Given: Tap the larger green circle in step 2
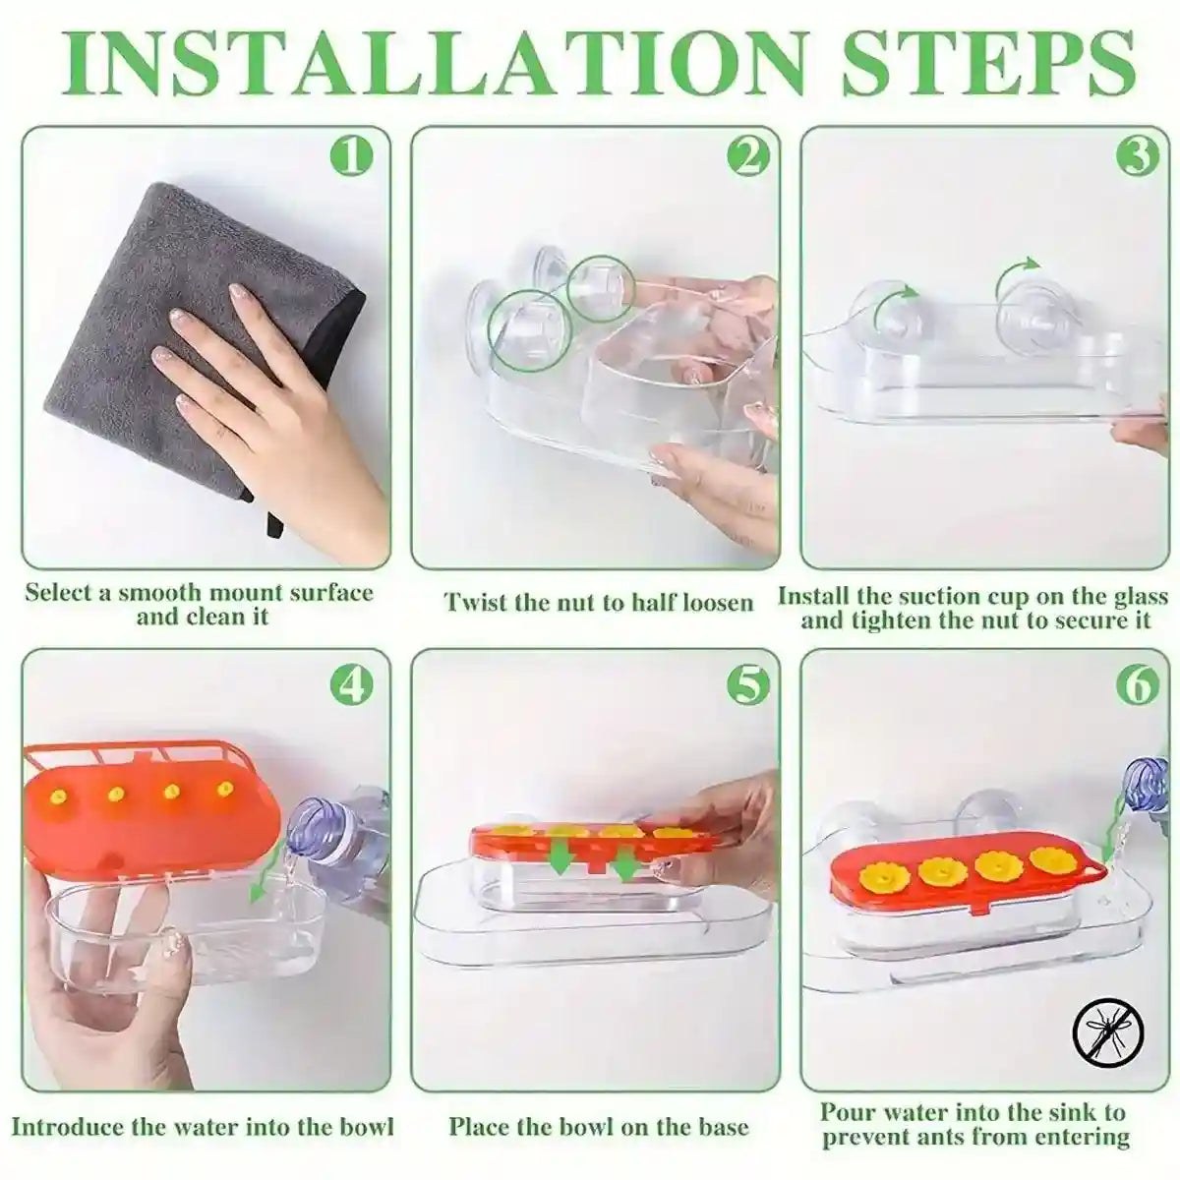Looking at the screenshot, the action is coord(530,329).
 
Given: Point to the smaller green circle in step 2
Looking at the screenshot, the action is coord(599,286).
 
